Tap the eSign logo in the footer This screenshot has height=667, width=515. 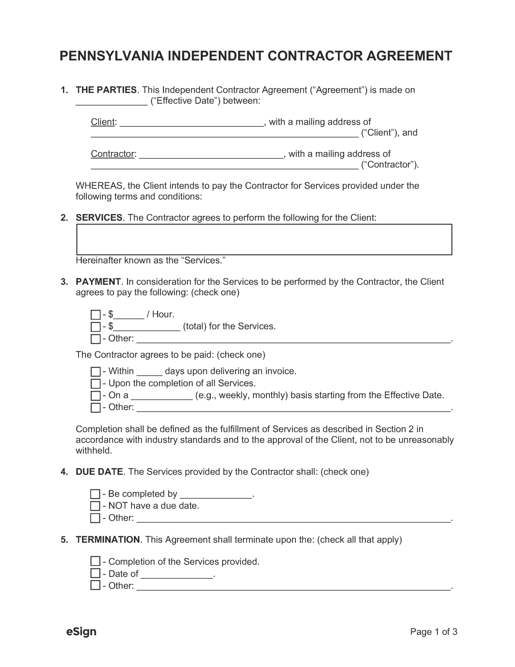(x=81, y=631)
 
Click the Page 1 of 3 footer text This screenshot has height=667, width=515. (x=433, y=632)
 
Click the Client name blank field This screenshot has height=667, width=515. (x=191, y=122)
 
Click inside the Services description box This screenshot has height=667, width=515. (x=264, y=239)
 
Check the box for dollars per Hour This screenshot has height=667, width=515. (x=95, y=315)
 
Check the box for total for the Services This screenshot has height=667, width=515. (x=95, y=327)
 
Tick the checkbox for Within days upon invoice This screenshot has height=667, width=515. (x=95, y=372)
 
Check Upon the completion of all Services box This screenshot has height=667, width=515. (x=95, y=383)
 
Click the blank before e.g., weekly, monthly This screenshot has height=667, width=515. (x=161, y=396)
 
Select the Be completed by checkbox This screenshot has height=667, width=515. (x=95, y=494)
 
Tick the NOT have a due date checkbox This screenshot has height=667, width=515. (x=95, y=506)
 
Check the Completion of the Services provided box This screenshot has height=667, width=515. (x=95, y=561)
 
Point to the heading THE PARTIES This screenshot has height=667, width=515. (x=106, y=90)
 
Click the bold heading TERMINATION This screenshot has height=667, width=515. (x=108, y=540)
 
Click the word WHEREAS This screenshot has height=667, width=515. (x=99, y=186)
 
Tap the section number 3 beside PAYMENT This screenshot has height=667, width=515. (x=64, y=282)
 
